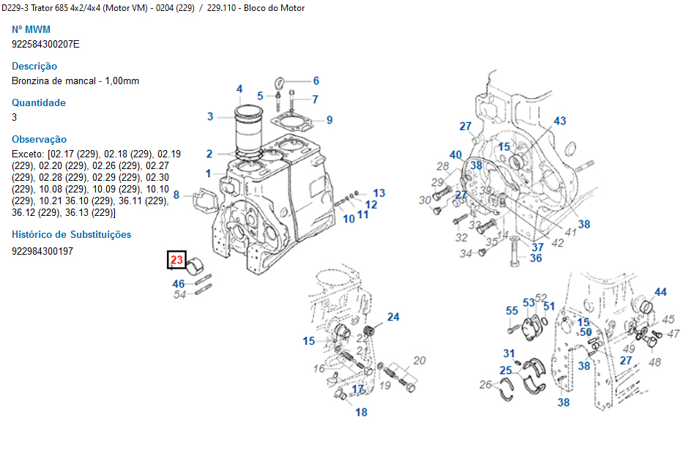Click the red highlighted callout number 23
(x=176, y=260)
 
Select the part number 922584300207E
(x=45, y=44)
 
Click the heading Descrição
(x=34, y=66)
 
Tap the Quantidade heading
(x=39, y=102)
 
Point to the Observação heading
(x=39, y=139)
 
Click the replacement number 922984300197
(x=42, y=251)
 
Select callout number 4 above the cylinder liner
(x=239, y=89)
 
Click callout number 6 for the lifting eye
(x=316, y=81)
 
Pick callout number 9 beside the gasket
(x=329, y=120)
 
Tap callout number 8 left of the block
(x=176, y=195)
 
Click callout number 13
(x=379, y=193)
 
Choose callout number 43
(x=559, y=121)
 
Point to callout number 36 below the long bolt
(x=536, y=258)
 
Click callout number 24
(x=394, y=317)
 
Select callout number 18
(x=361, y=413)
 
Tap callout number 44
(x=660, y=292)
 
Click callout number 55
(x=512, y=311)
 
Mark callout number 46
(x=179, y=283)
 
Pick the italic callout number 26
(x=485, y=384)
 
